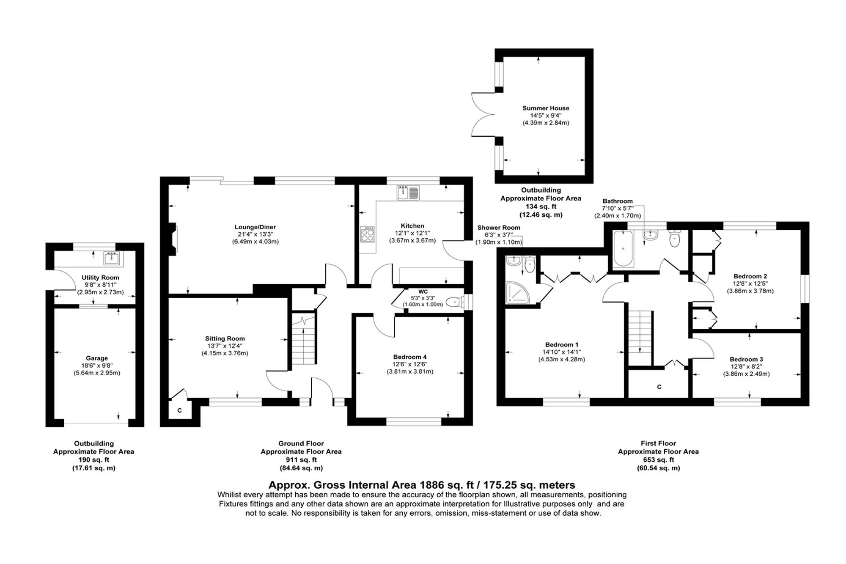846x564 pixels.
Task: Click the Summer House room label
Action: (x=546, y=108)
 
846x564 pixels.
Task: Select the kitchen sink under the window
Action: (x=408, y=193)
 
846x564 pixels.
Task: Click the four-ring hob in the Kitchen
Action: (x=367, y=234)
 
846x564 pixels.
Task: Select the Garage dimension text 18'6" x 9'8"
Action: (x=97, y=366)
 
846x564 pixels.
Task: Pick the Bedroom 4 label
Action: (x=410, y=357)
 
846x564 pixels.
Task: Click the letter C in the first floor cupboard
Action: (x=659, y=387)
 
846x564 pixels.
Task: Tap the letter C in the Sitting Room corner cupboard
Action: (x=179, y=410)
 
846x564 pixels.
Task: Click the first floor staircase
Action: (x=640, y=337)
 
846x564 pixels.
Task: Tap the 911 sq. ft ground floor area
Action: (x=301, y=460)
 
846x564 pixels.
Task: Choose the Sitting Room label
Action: (x=225, y=338)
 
